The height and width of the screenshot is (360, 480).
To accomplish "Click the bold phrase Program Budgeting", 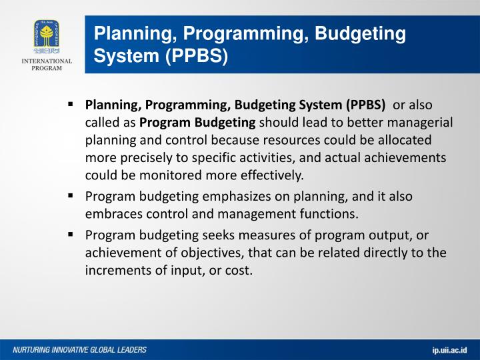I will (x=197, y=123).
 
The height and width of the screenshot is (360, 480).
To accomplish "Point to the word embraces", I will (x=110, y=214).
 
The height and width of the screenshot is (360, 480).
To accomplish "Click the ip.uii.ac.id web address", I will (x=449, y=350).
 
